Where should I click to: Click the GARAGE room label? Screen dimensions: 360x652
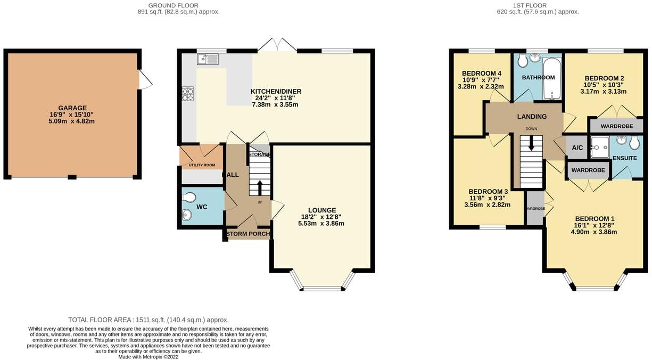[72, 108]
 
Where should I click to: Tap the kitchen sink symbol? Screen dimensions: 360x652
[208, 60]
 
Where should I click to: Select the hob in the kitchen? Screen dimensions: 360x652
[188, 94]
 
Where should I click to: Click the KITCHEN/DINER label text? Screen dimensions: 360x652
[276, 92]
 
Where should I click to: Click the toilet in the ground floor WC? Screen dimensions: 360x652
[189, 198]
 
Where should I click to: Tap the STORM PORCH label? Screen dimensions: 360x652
[247, 234]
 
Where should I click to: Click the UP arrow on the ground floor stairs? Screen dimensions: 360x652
[260, 187]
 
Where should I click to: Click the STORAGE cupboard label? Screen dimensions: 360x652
[260, 154]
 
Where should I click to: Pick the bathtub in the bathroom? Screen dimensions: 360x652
[551, 79]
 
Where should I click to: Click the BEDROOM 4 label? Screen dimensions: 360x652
[482, 73]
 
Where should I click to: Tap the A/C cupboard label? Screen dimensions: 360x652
[577, 148]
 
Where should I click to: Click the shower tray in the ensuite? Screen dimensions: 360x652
[600, 143]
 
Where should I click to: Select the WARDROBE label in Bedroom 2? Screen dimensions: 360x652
[616, 127]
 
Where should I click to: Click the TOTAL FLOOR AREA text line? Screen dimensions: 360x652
[148, 320]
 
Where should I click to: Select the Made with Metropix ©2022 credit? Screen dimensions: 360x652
[148, 356]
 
